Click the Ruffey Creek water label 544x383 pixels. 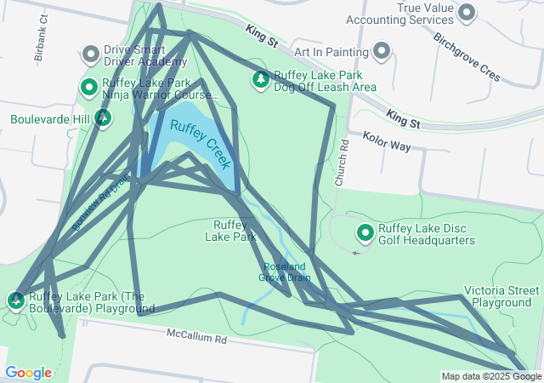201,143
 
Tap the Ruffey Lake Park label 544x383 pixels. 230,231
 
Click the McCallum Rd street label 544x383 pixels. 196,338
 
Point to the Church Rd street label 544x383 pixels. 341,164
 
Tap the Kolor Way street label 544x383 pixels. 387,140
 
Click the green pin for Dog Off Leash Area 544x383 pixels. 260,80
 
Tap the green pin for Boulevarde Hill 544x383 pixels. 102,117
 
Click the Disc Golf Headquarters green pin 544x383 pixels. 365,232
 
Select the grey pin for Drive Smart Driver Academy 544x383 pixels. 91,54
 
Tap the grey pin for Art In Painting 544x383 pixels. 382,51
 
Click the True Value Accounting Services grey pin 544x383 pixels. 467,11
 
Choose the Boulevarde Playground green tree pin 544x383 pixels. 16,300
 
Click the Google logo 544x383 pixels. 28,372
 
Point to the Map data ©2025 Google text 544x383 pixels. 490,376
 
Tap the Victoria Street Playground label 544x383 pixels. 501,296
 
